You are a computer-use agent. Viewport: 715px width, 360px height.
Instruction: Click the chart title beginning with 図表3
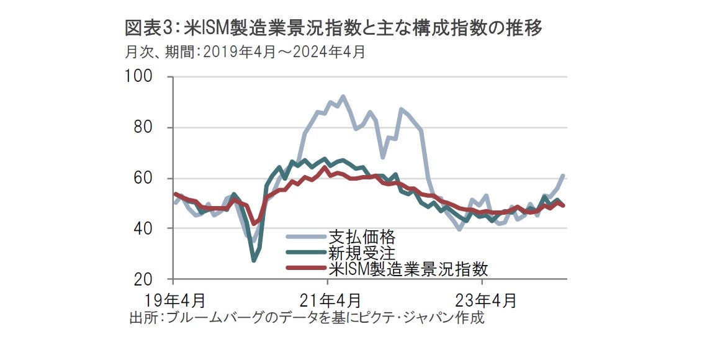(334, 29)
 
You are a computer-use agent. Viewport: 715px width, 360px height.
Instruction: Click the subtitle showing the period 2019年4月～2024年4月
(245, 52)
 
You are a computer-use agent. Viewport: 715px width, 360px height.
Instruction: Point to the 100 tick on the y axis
(143, 77)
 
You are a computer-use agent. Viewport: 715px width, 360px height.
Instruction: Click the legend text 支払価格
(361, 237)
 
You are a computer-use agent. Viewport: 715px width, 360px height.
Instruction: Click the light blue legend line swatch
(305, 237)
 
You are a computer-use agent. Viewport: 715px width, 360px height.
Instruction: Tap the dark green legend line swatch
(305, 253)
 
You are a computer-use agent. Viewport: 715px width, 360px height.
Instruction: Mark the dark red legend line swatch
(305, 268)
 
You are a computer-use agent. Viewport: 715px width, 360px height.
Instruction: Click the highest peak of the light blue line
(343, 97)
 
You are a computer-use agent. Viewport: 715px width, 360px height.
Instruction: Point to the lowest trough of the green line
(254, 260)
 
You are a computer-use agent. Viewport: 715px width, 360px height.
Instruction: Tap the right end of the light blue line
(562, 176)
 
